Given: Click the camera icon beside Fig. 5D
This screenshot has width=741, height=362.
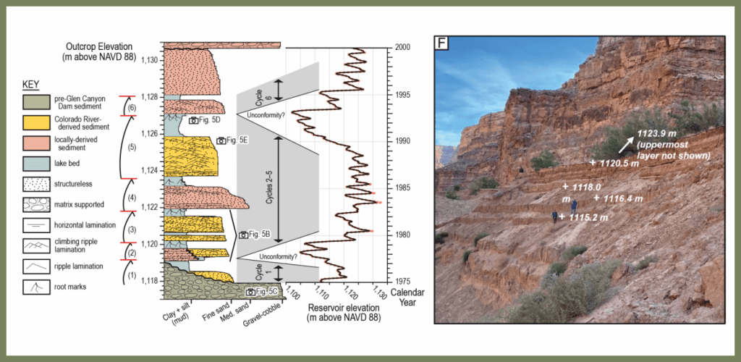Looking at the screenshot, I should pos(193,120).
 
